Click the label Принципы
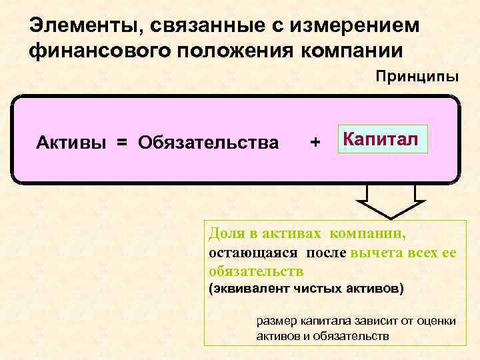pyautogui.click(x=417, y=75)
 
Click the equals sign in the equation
pyautogui.click(x=120, y=142)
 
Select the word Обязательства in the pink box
pyautogui.click(x=209, y=142)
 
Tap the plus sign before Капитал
pyautogui.click(x=315, y=142)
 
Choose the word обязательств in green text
pyautogui.click(x=256, y=271)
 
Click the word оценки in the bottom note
pyautogui.click(x=437, y=321)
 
